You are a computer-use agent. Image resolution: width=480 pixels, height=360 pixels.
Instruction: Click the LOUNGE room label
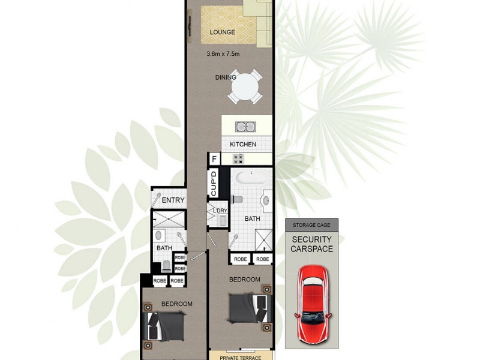click(x=222, y=32)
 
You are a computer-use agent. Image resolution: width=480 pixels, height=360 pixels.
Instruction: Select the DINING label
click(x=226, y=77)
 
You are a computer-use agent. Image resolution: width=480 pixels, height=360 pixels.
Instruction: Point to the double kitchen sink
click(x=246, y=127)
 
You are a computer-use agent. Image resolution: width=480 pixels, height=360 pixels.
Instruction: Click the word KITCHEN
click(x=243, y=145)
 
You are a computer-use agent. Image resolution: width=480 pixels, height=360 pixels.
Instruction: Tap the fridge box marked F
click(x=214, y=160)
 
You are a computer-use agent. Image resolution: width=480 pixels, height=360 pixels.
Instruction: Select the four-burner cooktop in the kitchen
click(x=238, y=159)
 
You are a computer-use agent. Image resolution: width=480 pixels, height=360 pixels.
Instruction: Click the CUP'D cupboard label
click(x=214, y=184)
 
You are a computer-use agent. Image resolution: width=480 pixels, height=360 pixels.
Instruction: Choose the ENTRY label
click(x=173, y=200)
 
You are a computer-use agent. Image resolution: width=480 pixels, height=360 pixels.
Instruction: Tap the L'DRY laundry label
click(x=216, y=211)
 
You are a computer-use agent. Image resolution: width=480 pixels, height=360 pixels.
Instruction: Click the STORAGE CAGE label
click(x=311, y=226)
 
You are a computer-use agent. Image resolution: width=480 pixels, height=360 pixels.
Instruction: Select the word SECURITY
click(x=311, y=239)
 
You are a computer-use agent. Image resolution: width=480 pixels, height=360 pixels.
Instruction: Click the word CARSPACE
click(x=311, y=249)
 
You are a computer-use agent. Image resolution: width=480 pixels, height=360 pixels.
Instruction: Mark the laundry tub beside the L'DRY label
click(x=222, y=221)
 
